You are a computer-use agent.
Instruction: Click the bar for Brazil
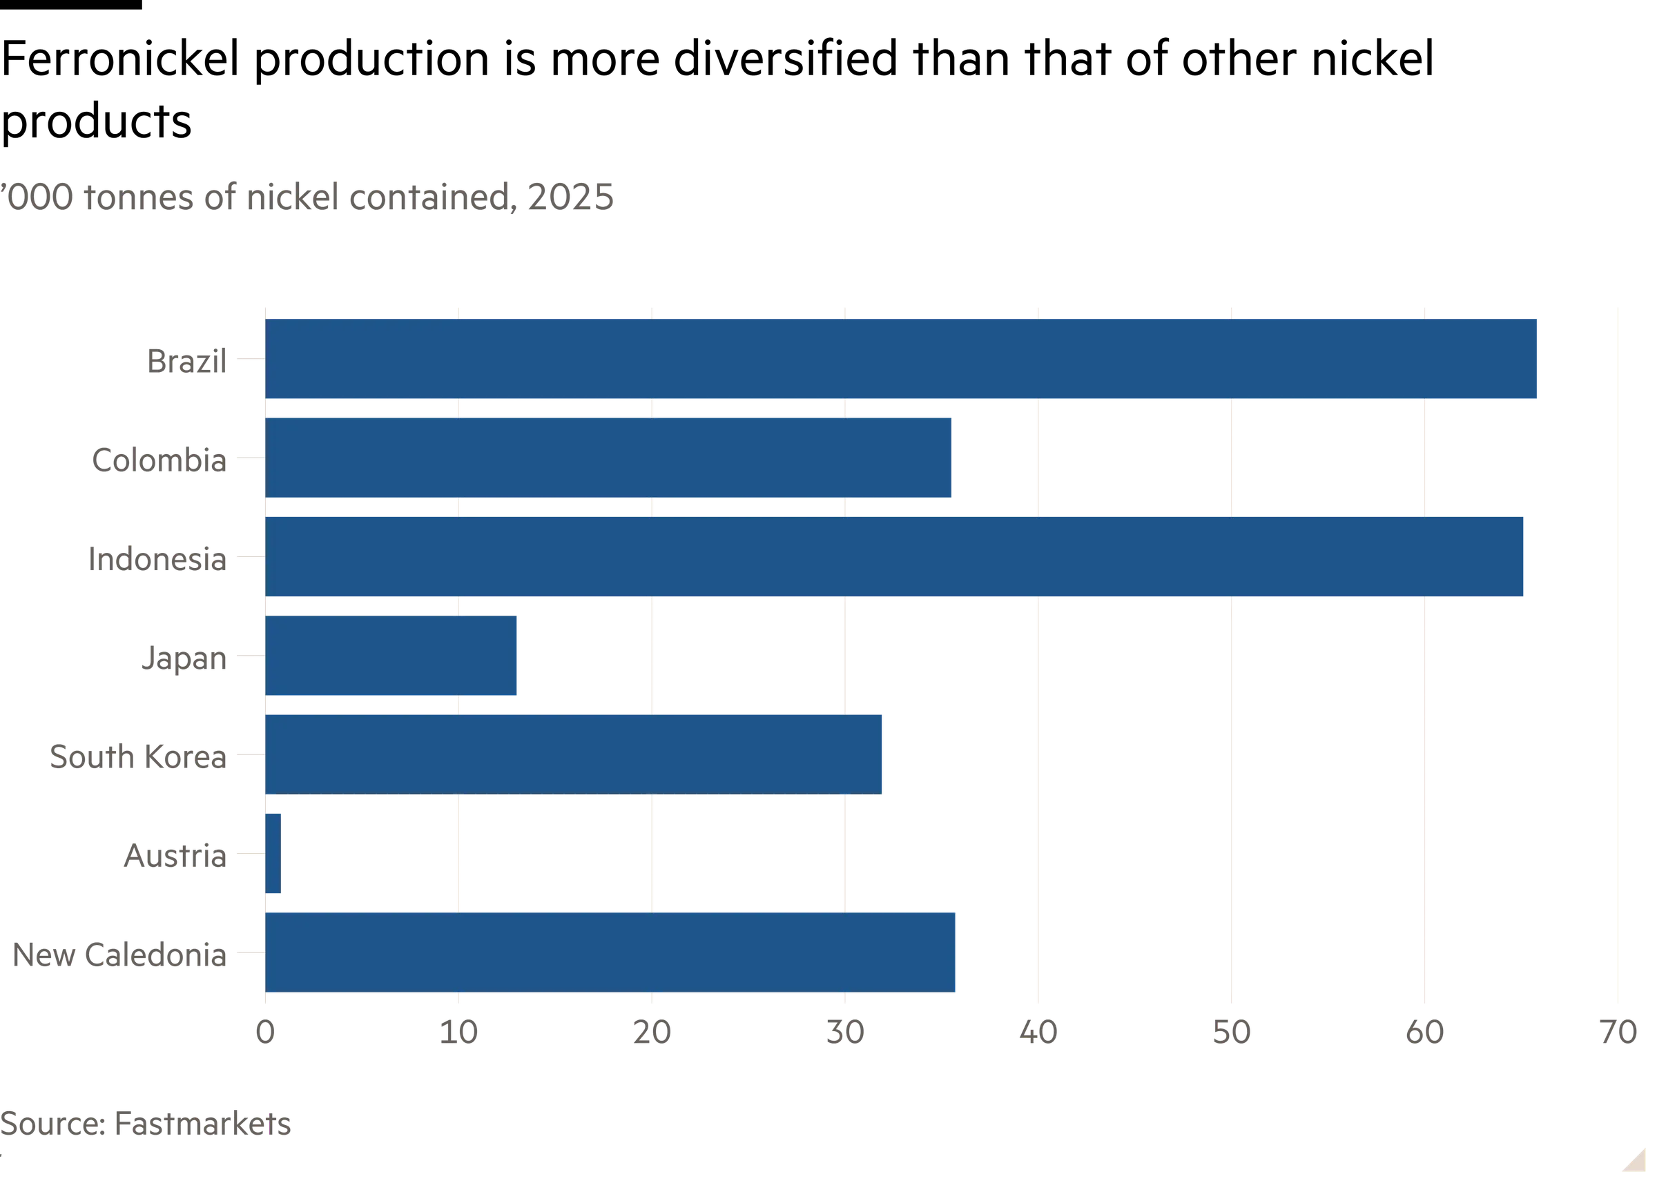tap(900, 358)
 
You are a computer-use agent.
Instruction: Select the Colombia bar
tap(608, 458)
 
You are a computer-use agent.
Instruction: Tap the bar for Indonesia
tap(894, 556)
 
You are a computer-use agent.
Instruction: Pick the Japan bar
tap(391, 656)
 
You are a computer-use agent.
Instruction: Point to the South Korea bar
tap(574, 754)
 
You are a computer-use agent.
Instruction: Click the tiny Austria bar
tap(273, 853)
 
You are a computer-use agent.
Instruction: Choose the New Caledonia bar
tap(610, 952)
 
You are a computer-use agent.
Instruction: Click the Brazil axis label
tap(187, 361)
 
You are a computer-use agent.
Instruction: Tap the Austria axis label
tap(175, 855)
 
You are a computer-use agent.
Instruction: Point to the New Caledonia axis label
tap(120, 955)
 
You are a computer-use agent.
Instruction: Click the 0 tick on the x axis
tap(265, 1033)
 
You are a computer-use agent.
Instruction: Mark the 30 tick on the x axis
tap(845, 1033)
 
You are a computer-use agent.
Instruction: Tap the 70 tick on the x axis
tap(1618, 1033)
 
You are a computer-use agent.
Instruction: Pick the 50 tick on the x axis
tap(1232, 1033)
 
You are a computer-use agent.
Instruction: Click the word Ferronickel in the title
tap(121, 58)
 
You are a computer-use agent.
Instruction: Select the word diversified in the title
tap(786, 58)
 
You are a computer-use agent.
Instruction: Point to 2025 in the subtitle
tap(570, 197)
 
